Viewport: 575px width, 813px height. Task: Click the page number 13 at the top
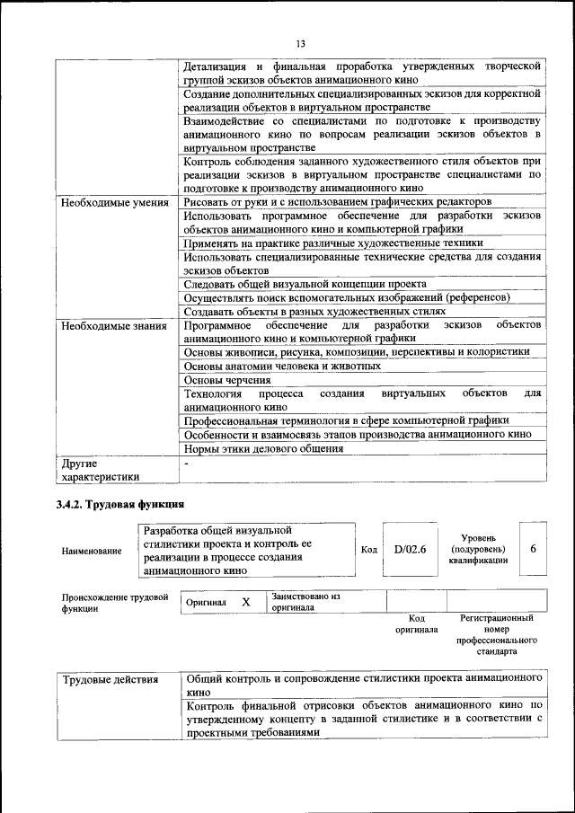[x=301, y=44]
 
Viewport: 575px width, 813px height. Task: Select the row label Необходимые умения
[x=114, y=202]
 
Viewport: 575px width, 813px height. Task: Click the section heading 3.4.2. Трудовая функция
[x=120, y=505]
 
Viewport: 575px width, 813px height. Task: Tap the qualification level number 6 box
[x=533, y=549]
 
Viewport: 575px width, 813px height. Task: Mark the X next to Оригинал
[x=245, y=602]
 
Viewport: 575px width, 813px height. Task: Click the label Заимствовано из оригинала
[x=305, y=601]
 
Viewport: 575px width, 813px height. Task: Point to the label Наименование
[x=92, y=551]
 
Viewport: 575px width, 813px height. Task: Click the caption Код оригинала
[x=416, y=624]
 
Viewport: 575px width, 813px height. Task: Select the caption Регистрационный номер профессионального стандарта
[x=496, y=635]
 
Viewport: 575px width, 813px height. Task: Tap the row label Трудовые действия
[x=111, y=679]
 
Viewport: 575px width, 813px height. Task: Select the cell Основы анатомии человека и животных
[x=282, y=366]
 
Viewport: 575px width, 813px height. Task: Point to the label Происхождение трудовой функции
[x=115, y=602]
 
